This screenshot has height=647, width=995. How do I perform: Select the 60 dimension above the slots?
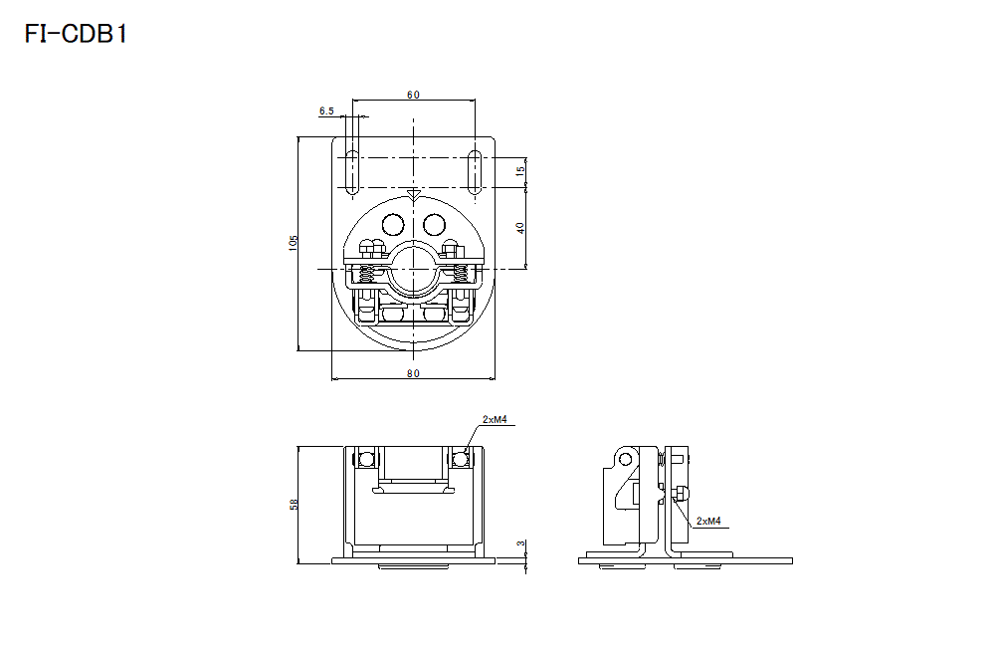point(413,95)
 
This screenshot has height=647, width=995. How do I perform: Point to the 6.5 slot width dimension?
point(326,111)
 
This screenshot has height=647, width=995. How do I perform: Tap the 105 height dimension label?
point(293,244)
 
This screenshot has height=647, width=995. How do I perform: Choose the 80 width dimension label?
point(413,373)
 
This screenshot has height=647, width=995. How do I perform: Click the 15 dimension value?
point(520,172)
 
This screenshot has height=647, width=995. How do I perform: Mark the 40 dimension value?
point(520,227)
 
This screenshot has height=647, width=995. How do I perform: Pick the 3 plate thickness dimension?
point(520,544)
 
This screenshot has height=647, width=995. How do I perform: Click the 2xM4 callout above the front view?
point(495,420)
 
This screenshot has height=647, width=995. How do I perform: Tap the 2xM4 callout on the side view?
point(708,521)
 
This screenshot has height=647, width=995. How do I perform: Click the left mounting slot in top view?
point(351,171)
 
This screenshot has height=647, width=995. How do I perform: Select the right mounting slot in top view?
point(476,171)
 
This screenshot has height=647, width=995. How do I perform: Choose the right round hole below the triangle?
point(433,225)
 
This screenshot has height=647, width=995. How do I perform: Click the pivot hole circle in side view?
point(624,459)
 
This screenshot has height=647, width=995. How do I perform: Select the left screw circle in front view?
point(366,459)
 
